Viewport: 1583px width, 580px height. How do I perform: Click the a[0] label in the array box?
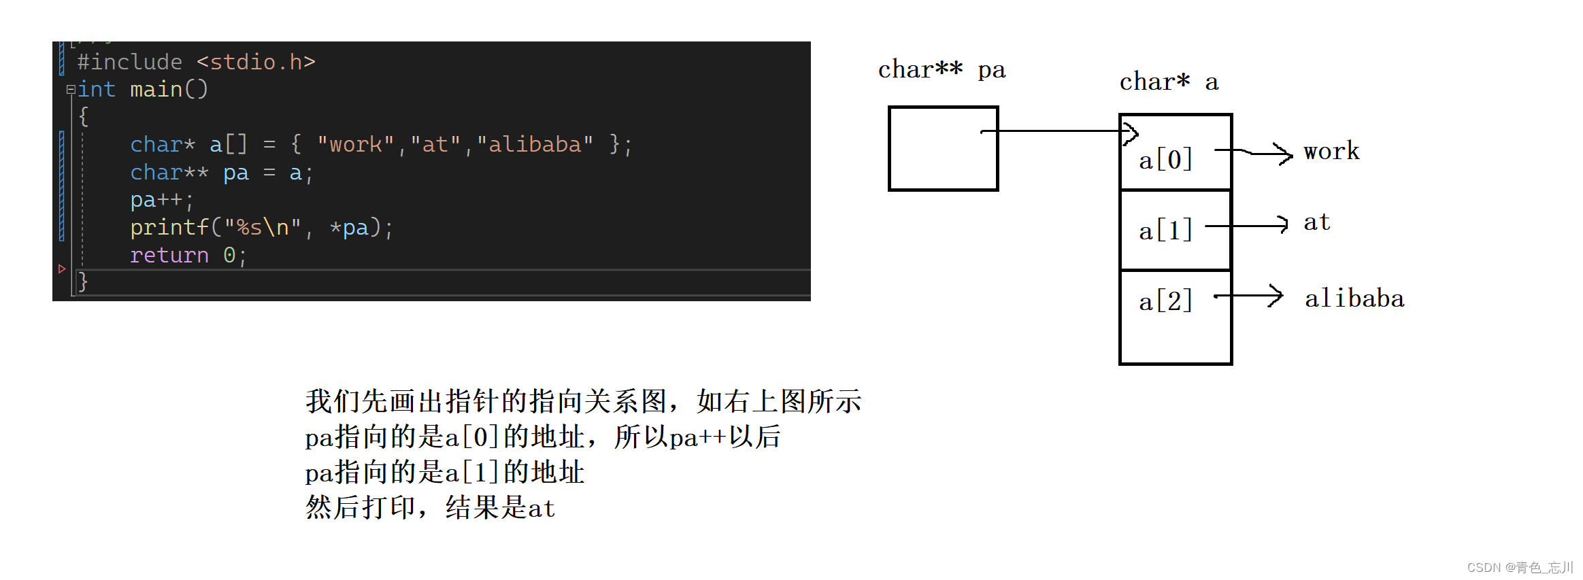1165,160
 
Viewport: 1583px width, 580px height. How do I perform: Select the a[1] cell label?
1165,231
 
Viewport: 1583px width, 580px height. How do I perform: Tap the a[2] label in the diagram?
1165,301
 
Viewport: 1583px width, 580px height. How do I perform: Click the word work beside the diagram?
1331,151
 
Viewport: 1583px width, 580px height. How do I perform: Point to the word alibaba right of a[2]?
1354,298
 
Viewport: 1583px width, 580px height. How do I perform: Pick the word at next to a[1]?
1317,222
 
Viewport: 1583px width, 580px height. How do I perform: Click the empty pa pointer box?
943,148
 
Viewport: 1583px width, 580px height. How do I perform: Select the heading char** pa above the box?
942,70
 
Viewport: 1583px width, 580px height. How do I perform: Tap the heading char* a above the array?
1169,82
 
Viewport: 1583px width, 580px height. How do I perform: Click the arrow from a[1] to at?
1246,225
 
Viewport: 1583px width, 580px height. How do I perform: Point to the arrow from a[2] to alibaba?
1248,296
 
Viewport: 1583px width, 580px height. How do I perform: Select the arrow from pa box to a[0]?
1059,131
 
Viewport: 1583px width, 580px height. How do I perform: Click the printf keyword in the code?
169,228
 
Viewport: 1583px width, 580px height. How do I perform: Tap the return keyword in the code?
169,256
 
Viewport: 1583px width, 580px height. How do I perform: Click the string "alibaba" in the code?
535,144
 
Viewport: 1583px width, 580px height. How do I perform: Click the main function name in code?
156,89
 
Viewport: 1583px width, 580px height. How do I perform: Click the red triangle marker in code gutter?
62,269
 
